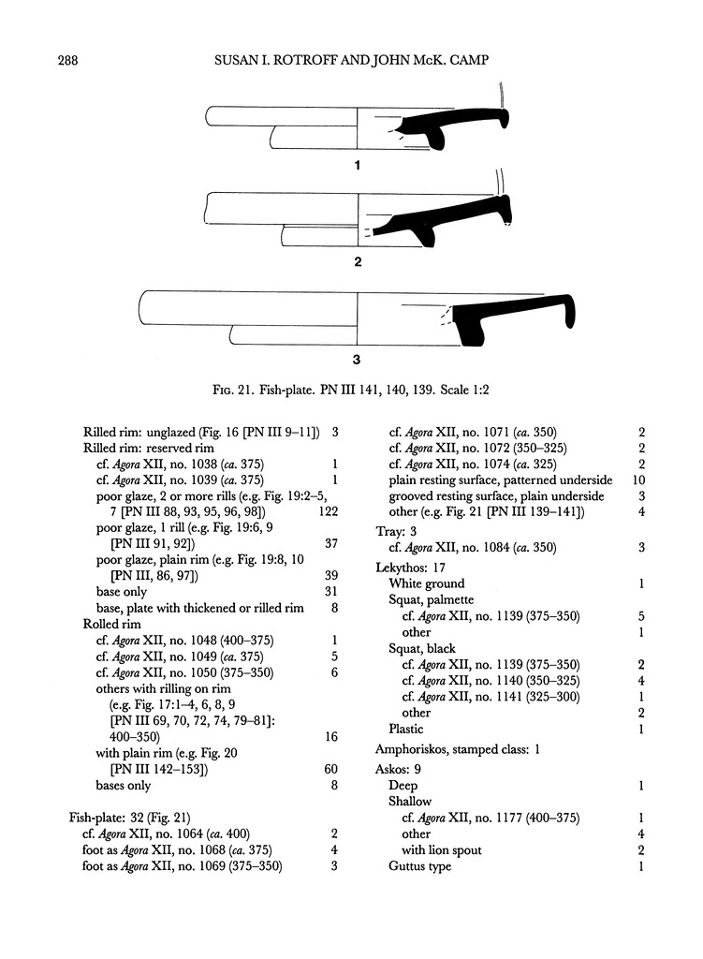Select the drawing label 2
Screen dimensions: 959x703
(357, 262)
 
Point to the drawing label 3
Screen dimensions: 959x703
(357, 359)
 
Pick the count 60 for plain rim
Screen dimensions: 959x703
(330, 769)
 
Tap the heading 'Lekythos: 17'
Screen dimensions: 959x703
(409, 567)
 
